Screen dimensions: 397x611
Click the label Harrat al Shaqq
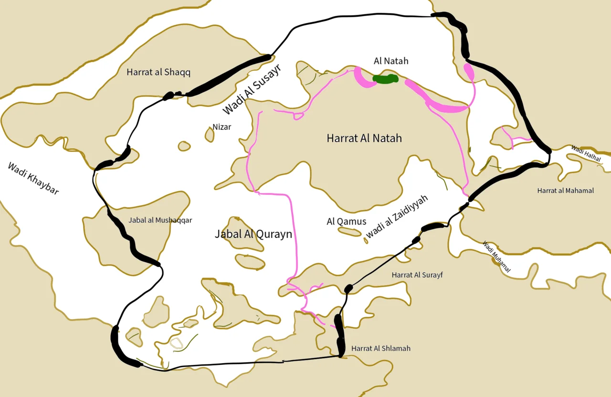pos(158,72)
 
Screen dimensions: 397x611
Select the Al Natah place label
pos(391,61)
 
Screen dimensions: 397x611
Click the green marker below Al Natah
pos(386,79)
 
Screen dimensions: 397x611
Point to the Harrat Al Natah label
pos(364,139)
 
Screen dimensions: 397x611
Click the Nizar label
pos(221,127)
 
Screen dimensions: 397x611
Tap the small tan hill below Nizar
pos(210,135)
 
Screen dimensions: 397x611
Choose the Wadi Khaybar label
pos(33,178)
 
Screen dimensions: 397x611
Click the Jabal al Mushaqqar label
pos(160,220)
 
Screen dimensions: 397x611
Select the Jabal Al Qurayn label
pos(253,234)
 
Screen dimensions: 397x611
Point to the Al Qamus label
pos(346,222)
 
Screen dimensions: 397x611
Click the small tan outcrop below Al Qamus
pos(349,232)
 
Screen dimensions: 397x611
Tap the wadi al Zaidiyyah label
pos(397,216)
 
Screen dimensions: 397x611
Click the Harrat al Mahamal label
pos(565,191)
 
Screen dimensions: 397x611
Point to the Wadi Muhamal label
pos(496,257)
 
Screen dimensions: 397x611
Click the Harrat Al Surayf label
pos(417,275)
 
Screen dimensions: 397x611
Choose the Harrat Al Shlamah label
pos(380,348)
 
